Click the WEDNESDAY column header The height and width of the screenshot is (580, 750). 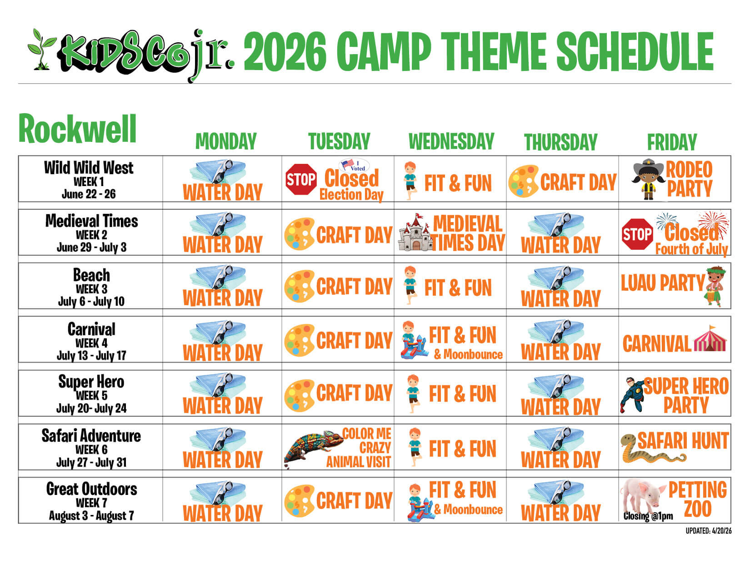pyautogui.click(x=451, y=141)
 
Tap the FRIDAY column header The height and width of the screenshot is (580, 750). pyautogui.click(x=672, y=142)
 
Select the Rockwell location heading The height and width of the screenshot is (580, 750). pyautogui.click(x=77, y=128)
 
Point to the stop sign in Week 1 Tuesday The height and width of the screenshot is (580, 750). pyautogui.click(x=300, y=179)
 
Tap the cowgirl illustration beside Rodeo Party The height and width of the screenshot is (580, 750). pyautogui.click(x=648, y=179)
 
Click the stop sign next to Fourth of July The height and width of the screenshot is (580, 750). pyautogui.click(x=637, y=234)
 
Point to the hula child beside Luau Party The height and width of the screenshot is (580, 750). pyautogui.click(x=715, y=286)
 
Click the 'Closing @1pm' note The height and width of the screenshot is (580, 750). pyautogui.click(x=648, y=516)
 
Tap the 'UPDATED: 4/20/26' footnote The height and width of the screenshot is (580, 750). pyautogui.click(x=708, y=531)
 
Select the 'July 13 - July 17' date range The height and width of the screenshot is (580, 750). pyautogui.click(x=91, y=355)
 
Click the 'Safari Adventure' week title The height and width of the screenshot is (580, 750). pyautogui.click(x=91, y=436)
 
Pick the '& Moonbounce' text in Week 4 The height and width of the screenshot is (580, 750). pyautogui.click(x=468, y=354)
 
